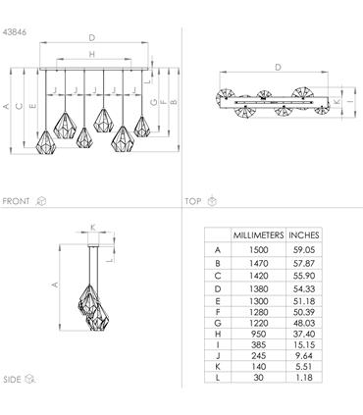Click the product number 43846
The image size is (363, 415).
(x=15, y=32)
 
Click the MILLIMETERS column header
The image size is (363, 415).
(x=258, y=235)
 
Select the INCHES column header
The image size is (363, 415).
(x=304, y=235)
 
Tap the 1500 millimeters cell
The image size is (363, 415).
(x=258, y=250)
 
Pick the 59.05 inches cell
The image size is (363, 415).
(x=304, y=250)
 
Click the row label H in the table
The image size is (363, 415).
(x=218, y=334)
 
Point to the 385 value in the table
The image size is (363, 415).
(x=258, y=344)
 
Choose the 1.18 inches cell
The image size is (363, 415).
(x=304, y=378)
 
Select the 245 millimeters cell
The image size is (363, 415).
(x=258, y=355)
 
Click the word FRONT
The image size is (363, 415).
(x=16, y=201)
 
